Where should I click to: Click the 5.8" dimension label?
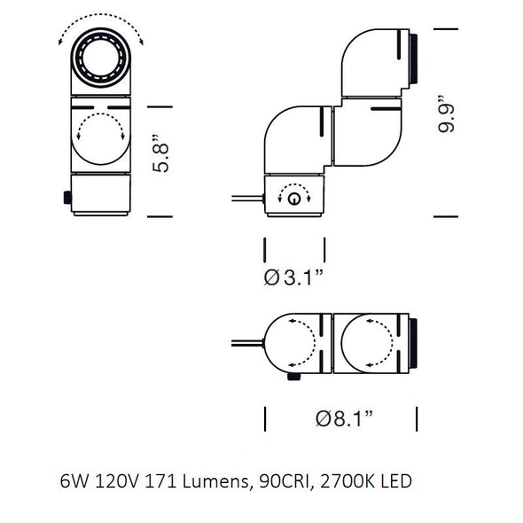click(x=160, y=154)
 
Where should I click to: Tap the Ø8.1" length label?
click(x=342, y=418)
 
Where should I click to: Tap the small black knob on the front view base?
click(x=66, y=198)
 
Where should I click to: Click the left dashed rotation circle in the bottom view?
click(x=296, y=342)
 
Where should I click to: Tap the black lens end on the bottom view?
click(x=412, y=342)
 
